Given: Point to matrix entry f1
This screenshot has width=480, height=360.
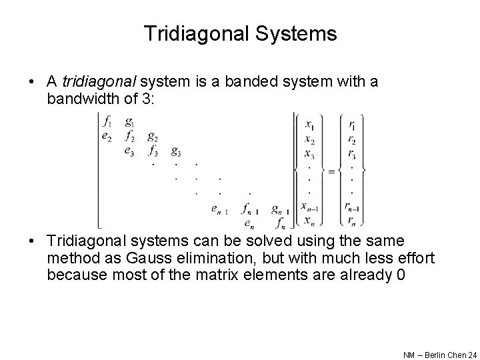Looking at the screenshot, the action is pos(107,123).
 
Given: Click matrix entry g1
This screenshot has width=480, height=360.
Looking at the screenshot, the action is pos(129,123).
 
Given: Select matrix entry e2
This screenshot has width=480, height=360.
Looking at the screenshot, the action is pos(107,136).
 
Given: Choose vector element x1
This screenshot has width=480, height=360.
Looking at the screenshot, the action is pos(310,124).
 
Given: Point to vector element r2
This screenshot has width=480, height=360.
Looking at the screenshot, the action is pos(351,140).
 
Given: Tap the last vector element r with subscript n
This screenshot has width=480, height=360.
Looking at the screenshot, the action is pos(351,221).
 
